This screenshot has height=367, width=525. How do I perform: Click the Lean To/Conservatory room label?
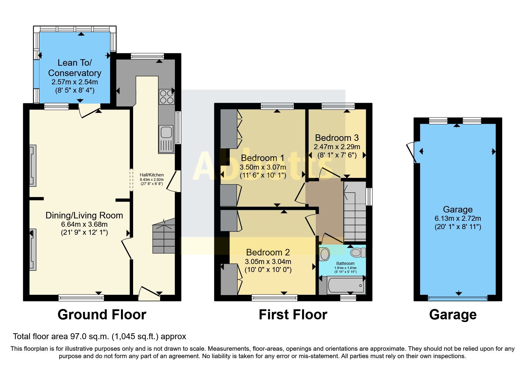(75, 68)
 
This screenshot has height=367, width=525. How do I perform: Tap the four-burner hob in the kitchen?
(167, 97)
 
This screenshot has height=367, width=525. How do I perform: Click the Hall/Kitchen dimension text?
(152, 179)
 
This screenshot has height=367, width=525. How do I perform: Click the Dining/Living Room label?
(84, 215)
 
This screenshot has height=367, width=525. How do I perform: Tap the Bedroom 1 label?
(262, 158)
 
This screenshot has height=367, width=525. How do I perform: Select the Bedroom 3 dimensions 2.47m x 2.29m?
(337, 147)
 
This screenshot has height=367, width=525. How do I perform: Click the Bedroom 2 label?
(268, 252)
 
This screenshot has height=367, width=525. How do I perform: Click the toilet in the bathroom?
(358, 253)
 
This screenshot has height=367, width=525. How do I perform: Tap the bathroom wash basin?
(325, 254)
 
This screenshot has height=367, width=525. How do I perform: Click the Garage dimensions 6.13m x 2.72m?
(458, 219)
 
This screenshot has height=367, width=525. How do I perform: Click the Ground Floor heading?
(102, 315)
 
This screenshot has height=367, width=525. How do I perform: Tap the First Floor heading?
(293, 315)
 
